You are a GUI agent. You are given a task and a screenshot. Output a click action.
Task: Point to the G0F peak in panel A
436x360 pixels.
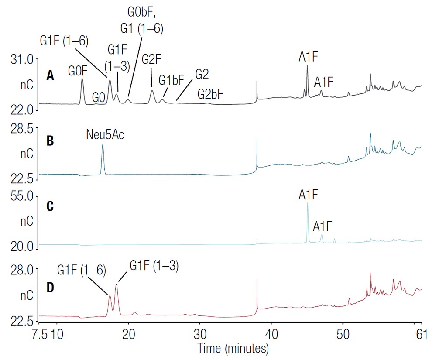(82, 80)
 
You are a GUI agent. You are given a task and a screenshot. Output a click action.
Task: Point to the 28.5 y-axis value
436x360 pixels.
(22, 129)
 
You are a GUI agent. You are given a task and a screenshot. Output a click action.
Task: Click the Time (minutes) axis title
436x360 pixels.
(233, 349)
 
